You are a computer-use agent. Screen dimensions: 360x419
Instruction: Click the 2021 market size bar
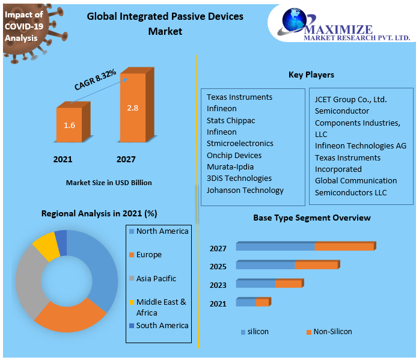(70, 125)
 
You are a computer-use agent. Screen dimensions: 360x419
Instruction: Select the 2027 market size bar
(133, 108)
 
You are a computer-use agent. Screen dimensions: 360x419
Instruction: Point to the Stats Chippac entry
(231, 120)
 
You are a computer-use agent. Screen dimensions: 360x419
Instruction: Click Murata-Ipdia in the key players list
(230, 166)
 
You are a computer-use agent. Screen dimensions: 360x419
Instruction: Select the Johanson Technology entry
(245, 190)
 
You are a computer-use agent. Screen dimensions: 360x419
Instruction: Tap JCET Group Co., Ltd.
(351, 99)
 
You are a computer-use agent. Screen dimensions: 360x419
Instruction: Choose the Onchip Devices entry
(234, 155)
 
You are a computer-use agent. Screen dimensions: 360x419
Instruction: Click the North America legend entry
(162, 231)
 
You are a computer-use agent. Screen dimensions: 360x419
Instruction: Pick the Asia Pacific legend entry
(156, 278)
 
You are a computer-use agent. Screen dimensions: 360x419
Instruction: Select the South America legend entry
(162, 325)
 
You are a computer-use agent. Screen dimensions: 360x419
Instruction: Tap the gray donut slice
(28, 279)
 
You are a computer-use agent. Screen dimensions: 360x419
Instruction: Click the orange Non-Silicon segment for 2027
(344, 246)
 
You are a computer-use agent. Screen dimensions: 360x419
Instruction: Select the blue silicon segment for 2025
(265, 265)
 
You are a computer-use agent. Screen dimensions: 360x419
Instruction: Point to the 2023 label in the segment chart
(218, 285)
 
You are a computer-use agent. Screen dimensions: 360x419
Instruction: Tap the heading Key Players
(311, 75)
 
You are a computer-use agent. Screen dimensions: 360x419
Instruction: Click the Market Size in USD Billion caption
(109, 182)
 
